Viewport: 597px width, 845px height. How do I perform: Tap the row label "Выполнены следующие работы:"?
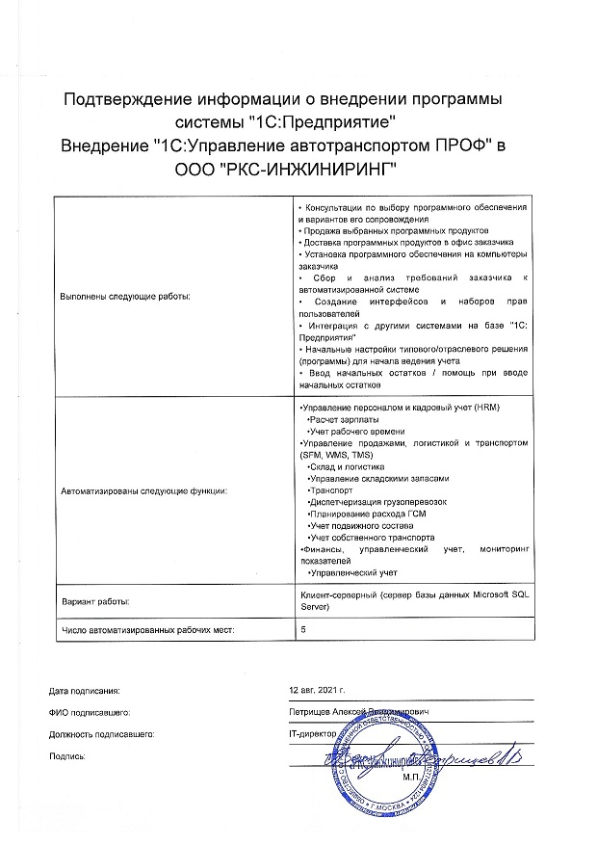pos(126,296)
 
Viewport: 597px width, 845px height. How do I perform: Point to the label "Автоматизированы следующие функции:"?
pos(144,491)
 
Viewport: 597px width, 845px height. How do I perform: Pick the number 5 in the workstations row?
pos(303,629)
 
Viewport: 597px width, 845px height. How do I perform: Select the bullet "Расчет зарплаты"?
pos(342,420)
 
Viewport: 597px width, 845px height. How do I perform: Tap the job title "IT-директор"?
pos(314,733)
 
